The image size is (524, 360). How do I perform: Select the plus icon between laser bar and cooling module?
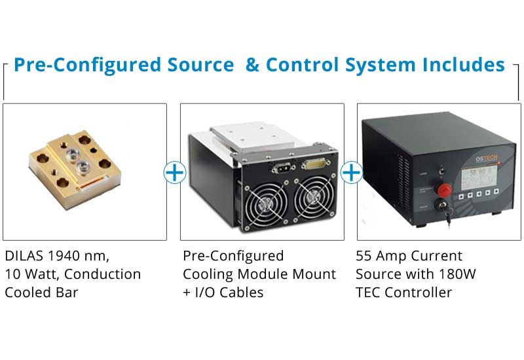[174, 173]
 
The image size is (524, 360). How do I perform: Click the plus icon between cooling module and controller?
[352, 173]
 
